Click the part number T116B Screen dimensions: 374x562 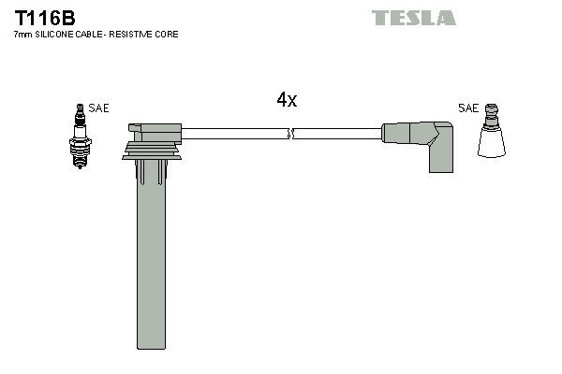[44, 18]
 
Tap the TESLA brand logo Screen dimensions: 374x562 [414, 18]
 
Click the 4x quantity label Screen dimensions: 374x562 [287, 100]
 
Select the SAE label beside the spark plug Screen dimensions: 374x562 [98, 108]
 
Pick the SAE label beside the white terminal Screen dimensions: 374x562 [467, 108]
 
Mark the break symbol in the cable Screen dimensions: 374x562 [291, 134]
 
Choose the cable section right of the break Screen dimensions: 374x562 [337, 134]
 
